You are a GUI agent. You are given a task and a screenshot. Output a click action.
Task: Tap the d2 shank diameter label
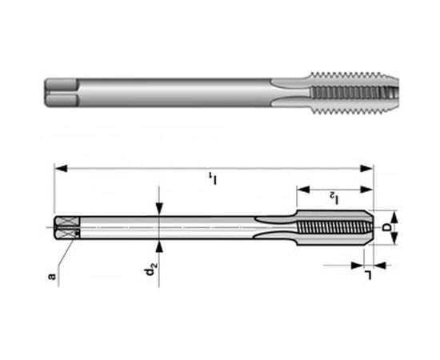click(x=150, y=272)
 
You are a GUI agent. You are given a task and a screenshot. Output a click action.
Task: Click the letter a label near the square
click(x=52, y=277)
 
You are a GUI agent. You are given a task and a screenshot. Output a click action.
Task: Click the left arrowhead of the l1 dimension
click(x=58, y=168)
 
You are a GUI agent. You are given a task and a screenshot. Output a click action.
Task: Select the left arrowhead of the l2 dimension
click(x=301, y=190)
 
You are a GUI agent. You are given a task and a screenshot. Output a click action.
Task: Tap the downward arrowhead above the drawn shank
click(x=160, y=210)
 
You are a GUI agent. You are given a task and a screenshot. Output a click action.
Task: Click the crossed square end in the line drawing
click(x=65, y=228)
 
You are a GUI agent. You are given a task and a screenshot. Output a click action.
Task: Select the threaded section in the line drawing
click(x=332, y=228)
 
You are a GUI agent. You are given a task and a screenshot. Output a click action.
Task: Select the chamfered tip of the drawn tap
click(x=370, y=228)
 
